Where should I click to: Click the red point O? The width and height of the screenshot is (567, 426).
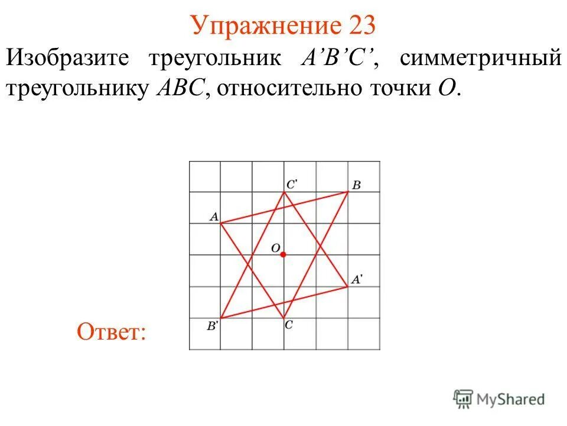point(283,254)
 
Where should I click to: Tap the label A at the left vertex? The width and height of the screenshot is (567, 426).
point(213,217)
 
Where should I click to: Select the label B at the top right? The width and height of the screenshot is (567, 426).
point(357,185)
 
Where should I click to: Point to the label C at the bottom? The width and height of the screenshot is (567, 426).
point(288,325)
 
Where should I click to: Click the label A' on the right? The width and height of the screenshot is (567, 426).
point(357,280)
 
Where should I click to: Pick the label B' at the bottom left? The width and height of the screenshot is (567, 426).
point(212,325)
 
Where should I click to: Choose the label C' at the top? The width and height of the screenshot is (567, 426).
point(291,185)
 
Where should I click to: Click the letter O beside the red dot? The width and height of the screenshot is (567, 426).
point(275,248)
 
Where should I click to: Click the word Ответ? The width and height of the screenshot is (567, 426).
point(111,332)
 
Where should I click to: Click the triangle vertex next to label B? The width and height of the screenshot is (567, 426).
point(347,192)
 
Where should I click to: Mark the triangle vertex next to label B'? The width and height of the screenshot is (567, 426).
point(220,318)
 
